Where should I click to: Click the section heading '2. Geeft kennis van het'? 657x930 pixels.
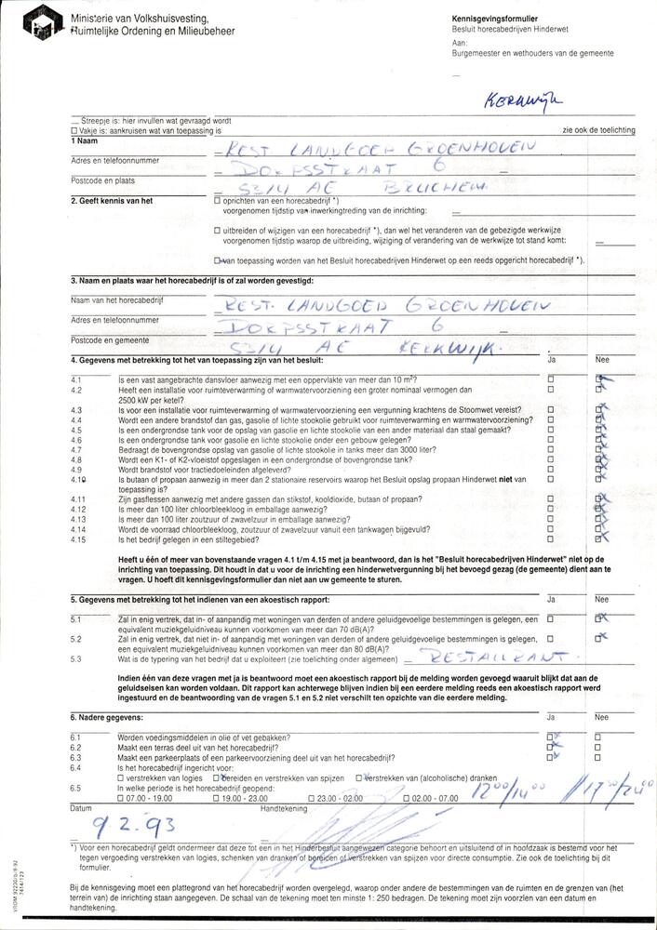point(112,200)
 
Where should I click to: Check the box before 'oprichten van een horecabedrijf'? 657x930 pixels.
point(217,200)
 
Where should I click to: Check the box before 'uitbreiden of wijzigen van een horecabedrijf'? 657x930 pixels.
point(217,230)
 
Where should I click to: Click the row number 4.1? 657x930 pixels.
point(76,379)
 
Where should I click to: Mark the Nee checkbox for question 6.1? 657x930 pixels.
point(597,736)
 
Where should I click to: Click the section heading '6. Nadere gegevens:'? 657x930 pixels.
point(107,717)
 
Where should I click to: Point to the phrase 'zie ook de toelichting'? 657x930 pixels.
point(598,130)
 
